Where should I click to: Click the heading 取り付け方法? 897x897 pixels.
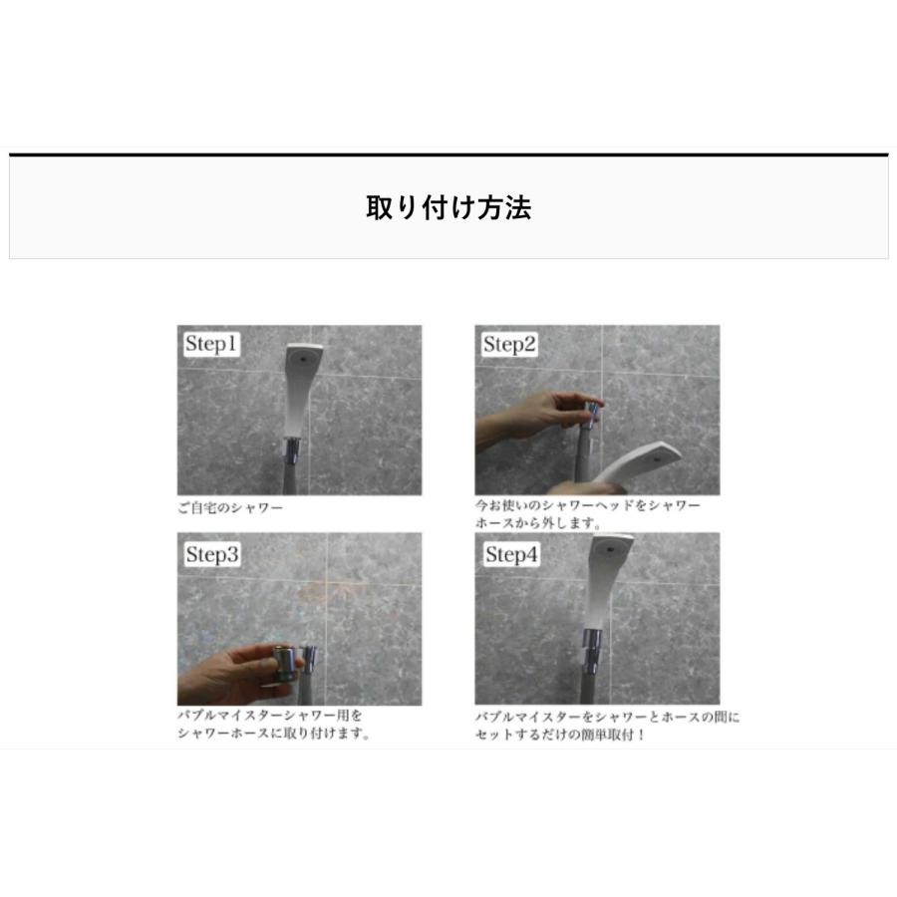pos(448,207)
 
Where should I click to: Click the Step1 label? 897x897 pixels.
pos(211,345)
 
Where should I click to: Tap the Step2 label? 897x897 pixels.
pos(509,345)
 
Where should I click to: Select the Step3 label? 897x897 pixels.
pos(211,555)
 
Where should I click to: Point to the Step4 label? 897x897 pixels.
pos(511,554)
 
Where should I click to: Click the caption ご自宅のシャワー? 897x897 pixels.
pos(231,507)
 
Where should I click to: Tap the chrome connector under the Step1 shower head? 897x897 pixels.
pos(292,451)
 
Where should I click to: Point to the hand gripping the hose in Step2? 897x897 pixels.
pos(528,414)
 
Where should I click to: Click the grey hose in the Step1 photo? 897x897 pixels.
pos(290,479)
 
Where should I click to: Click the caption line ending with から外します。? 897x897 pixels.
pos(538,522)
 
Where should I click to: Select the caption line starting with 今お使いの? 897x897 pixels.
pos(587,505)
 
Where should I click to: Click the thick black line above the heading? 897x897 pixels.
pos(448,154)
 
